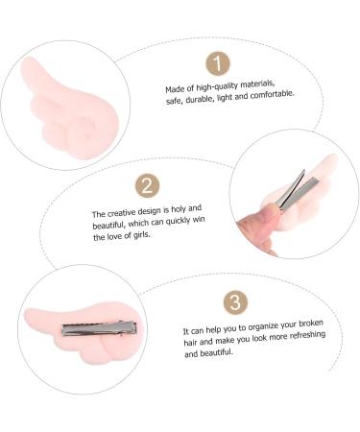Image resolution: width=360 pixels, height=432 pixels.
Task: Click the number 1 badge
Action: [x=218, y=63]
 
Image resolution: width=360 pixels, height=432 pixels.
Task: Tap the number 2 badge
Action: [x=147, y=185]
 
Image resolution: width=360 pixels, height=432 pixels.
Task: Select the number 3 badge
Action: [x=235, y=302]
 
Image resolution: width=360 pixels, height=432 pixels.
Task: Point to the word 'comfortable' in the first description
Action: [x=272, y=95]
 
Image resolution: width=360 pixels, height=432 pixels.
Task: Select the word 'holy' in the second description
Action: [x=179, y=210]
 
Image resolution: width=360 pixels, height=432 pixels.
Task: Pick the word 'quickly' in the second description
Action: [x=178, y=222]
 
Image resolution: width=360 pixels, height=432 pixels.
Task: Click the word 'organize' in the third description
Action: [x=263, y=327]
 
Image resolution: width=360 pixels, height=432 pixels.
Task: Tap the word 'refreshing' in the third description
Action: [x=307, y=336]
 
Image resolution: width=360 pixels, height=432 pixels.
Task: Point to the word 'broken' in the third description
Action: [x=311, y=324]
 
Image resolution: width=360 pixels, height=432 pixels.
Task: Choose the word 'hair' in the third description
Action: [x=191, y=343]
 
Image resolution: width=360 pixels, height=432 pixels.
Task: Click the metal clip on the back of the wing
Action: [x=99, y=328]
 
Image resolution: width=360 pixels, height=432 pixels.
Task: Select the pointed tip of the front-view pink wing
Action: [x=25, y=60]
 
